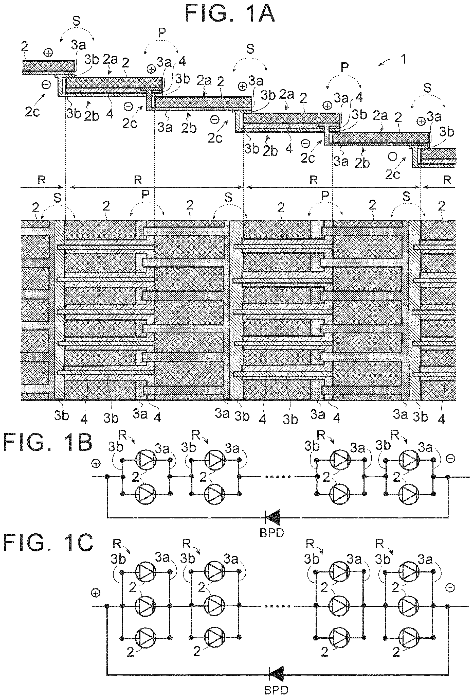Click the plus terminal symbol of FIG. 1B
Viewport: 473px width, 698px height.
click(96, 464)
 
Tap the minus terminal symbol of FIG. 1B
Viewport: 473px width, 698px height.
click(451, 458)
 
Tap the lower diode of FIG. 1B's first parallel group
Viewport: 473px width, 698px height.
click(146, 494)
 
